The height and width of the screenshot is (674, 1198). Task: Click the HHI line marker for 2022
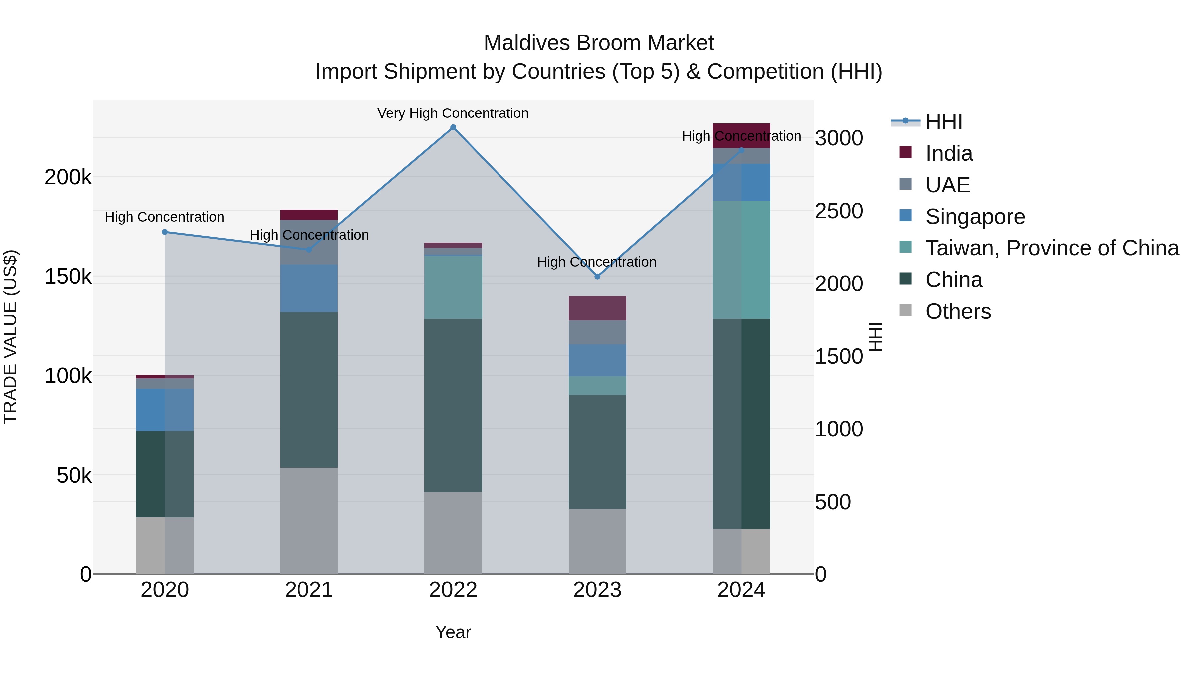[453, 127]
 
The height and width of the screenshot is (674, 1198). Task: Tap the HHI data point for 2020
[165, 232]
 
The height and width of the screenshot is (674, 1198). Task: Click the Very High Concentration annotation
[453, 113]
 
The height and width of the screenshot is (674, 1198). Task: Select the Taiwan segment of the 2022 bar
[453, 287]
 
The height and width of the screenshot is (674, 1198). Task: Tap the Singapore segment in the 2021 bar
[309, 288]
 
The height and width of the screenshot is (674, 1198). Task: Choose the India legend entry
[949, 153]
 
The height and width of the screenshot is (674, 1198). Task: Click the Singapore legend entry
[975, 217]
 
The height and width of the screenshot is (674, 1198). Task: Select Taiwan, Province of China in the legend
[1052, 248]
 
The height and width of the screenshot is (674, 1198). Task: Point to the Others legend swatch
[905, 310]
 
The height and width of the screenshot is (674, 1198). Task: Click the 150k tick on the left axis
[68, 277]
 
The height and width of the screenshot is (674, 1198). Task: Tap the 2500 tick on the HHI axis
[839, 211]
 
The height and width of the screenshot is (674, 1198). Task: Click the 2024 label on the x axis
[741, 590]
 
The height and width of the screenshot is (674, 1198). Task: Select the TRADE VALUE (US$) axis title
[10, 337]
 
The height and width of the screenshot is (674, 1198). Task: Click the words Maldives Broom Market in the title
[599, 43]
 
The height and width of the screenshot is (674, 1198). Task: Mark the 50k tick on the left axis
[74, 475]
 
